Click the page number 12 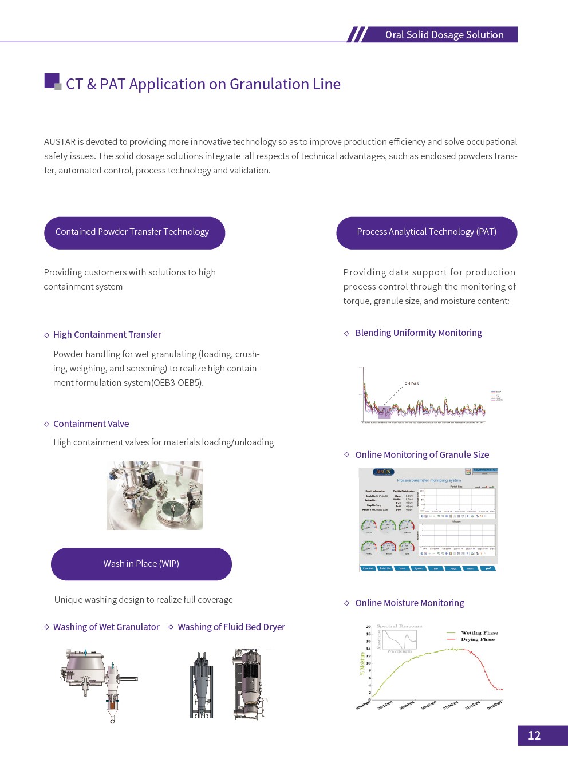pyautogui.click(x=534, y=736)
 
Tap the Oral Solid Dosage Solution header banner pyautogui.click(x=444, y=35)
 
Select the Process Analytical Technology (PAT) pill pyautogui.click(x=427, y=232)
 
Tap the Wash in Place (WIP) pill pyautogui.click(x=141, y=564)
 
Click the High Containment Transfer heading pyautogui.click(x=107, y=335)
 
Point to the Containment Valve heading pyautogui.click(x=91, y=424)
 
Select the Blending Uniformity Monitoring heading pyautogui.click(x=418, y=333)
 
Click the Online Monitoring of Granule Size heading pyautogui.click(x=422, y=455)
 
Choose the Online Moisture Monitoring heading pyautogui.click(x=409, y=603)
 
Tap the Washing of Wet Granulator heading pyautogui.click(x=106, y=627)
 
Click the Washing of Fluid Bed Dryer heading pyautogui.click(x=231, y=627)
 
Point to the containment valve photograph pyautogui.click(x=155, y=496)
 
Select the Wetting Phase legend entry pyautogui.click(x=479, y=633)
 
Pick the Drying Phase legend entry pyautogui.click(x=478, y=639)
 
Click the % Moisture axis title pyautogui.click(x=362, y=663)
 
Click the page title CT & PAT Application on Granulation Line pyautogui.click(x=203, y=84)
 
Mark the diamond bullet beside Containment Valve pyautogui.click(x=47, y=424)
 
